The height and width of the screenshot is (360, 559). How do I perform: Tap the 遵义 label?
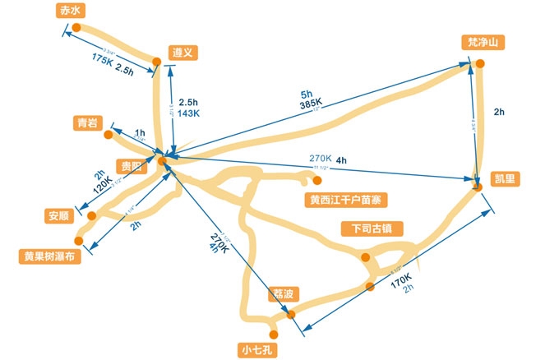(x=182, y=52)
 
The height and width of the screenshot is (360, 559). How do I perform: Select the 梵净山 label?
(x=482, y=42)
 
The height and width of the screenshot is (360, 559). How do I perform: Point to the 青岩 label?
(x=86, y=122)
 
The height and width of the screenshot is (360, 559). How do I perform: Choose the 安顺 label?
(x=59, y=217)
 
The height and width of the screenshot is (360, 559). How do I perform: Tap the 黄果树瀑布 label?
(x=50, y=256)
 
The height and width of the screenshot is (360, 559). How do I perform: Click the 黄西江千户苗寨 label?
(x=344, y=199)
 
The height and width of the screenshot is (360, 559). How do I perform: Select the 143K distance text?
(x=189, y=113)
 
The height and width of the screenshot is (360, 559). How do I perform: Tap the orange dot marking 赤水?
(x=76, y=27)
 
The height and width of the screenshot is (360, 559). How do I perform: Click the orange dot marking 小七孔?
(x=275, y=334)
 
